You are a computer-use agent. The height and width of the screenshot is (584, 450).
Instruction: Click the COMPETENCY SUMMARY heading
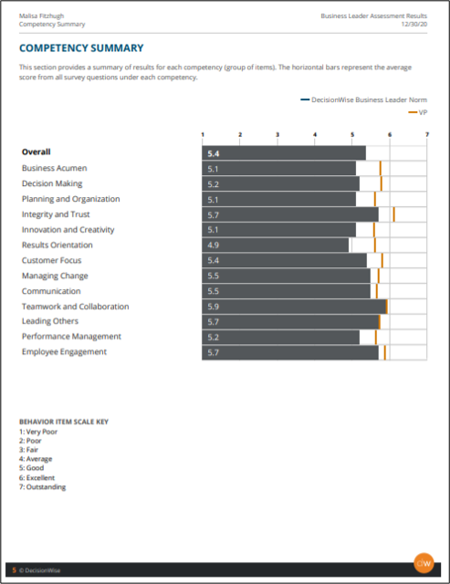(81, 48)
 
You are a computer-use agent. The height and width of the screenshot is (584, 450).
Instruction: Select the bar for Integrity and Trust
(290, 214)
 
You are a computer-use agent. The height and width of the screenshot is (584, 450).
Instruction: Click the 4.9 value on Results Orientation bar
(213, 245)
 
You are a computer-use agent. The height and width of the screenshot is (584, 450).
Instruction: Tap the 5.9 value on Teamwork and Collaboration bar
(213, 307)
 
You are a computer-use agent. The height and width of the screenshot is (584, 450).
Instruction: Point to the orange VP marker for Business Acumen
(381, 168)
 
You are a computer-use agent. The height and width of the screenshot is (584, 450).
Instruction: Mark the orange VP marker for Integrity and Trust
(393, 214)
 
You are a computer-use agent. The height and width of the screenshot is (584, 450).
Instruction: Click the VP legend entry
(417, 112)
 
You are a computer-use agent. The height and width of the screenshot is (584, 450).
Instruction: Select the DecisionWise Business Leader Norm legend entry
(363, 99)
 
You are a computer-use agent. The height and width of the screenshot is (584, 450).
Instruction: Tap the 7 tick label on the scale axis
(427, 134)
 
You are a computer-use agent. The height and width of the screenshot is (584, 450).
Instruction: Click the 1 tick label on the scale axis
(203, 134)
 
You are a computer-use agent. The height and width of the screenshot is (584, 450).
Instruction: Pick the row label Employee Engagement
(64, 352)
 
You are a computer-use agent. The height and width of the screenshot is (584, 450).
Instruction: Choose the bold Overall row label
(37, 152)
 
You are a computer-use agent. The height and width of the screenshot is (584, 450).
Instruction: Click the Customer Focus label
(51, 260)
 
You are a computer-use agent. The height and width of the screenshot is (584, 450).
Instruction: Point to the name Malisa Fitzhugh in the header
(41, 16)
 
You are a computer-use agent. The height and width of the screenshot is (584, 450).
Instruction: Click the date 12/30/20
(413, 25)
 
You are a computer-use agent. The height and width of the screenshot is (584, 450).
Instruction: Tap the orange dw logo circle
(424, 563)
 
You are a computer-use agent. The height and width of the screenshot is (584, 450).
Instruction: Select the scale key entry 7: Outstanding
(43, 486)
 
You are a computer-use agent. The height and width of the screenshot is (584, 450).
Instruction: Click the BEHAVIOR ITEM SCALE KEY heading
(64, 422)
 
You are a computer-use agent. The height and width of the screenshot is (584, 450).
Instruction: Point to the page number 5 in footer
(15, 570)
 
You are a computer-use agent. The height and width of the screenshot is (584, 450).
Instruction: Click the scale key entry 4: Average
(36, 459)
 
